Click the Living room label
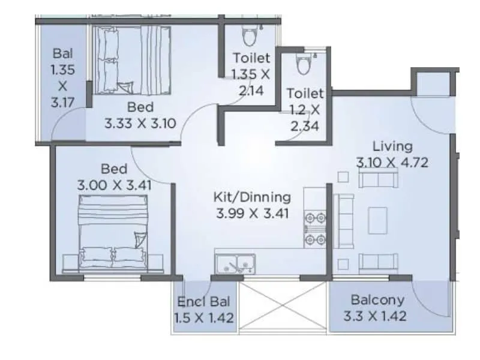[x=392, y=146]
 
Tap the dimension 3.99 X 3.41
[x=253, y=212]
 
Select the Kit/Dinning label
[x=253, y=197]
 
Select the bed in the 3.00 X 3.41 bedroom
[x=113, y=233]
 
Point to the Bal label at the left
[x=63, y=53]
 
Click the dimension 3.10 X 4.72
[x=392, y=162]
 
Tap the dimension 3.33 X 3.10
[x=140, y=124]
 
